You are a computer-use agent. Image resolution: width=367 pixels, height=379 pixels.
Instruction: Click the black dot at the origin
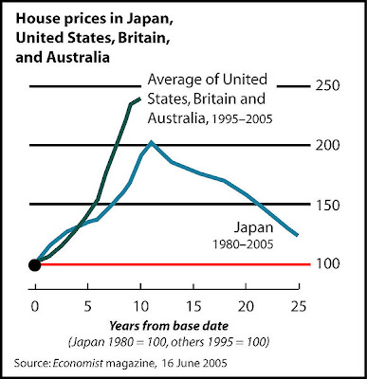click(x=35, y=264)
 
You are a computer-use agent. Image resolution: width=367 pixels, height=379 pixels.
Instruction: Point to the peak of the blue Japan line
click(x=151, y=142)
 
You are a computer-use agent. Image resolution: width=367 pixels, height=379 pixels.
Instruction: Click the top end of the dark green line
click(x=139, y=99)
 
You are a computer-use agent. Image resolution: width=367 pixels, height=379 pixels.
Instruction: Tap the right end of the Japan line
click(x=297, y=235)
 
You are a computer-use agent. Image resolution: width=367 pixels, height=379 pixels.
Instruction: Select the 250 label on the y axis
click(x=327, y=86)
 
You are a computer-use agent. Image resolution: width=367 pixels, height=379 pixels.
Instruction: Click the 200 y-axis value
click(x=327, y=145)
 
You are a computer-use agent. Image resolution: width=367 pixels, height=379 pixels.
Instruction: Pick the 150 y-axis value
click(x=327, y=205)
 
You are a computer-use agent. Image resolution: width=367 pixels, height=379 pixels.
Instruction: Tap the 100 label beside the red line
click(x=327, y=264)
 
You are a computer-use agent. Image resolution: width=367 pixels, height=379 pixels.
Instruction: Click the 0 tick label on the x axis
click(x=35, y=306)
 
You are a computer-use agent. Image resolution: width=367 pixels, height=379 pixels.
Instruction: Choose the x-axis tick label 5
click(x=87, y=306)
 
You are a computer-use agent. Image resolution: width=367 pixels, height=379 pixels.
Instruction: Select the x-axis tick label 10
click(x=140, y=306)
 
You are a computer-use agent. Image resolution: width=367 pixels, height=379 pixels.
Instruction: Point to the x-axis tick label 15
click(x=193, y=306)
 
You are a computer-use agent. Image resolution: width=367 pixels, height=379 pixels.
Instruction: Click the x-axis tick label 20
click(x=246, y=306)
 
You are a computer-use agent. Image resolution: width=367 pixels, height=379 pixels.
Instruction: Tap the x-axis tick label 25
click(x=299, y=306)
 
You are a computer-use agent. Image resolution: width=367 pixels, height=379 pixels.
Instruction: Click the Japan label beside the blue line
click(x=253, y=228)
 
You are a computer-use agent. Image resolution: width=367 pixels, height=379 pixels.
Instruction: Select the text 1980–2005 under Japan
click(x=243, y=244)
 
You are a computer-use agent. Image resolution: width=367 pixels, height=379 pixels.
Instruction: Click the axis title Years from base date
click(x=169, y=326)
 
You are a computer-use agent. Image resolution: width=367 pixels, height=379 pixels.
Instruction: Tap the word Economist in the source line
click(x=78, y=363)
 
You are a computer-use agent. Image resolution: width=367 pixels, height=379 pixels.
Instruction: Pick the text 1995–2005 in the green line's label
click(x=242, y=119)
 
